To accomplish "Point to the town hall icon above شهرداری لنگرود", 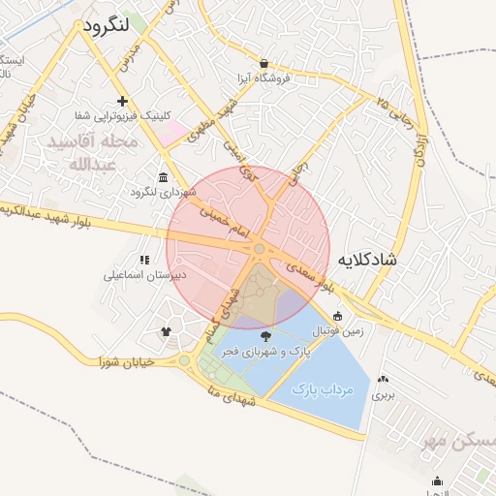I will coord(161,178).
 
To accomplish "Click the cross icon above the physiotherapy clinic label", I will coord(122,101).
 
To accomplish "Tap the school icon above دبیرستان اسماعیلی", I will coord(145,260).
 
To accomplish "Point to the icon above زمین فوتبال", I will coord(337,316).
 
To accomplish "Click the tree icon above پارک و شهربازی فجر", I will coord(266,336).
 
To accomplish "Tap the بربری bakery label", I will coord(386,394).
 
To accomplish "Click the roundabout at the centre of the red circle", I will coord(260,250).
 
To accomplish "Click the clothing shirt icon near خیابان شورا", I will coord(165,331).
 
